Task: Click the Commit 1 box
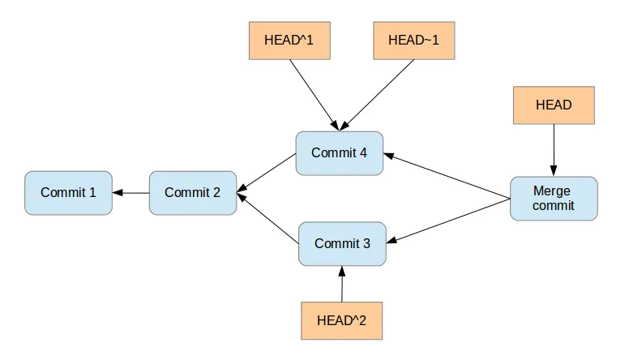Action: [x=68, y=193]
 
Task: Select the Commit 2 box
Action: [x=193, y=193]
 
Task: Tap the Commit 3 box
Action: [x=342, y=243]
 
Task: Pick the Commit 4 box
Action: [x=339, y=153]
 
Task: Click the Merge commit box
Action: [x=553, y=199]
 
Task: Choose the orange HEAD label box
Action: [x=554, y=105]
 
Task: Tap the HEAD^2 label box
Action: [x=341, y=320]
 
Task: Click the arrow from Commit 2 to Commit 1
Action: [x=131, y=193]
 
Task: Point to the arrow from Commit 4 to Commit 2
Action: [x=267, y=174]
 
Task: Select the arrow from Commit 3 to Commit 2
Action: [x=268, y=218]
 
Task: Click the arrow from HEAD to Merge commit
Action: [x=554, y=150]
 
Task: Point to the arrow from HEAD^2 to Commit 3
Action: [x=342, y=284]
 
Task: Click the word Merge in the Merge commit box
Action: [x=551, y=191]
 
